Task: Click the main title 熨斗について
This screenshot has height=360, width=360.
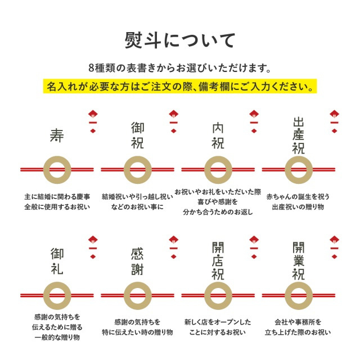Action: [180, 40]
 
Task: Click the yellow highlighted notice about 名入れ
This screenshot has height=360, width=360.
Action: [180, 86]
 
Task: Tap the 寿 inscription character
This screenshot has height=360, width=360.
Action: [57, 135]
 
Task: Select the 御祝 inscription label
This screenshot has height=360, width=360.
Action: [137, 136]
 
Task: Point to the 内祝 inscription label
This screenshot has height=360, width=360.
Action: [218, 136]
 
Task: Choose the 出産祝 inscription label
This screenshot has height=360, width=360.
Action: [299, 136]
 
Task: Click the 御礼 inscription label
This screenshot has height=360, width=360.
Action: [57, 261]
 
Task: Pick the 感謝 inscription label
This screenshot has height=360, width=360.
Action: [137, 261]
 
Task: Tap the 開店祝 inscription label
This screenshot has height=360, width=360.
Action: [218, 261]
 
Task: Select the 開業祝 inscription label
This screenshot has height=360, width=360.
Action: [299, 261]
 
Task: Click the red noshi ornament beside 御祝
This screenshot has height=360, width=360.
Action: [174, 121]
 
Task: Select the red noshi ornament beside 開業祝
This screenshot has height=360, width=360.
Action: [335, 247]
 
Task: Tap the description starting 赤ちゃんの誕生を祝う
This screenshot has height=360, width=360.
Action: [298, 202]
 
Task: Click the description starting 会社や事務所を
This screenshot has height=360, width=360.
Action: [298, 327]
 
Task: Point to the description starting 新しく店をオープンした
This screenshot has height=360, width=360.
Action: [218, 327]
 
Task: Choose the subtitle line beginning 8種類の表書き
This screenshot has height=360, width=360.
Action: [180, 68]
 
